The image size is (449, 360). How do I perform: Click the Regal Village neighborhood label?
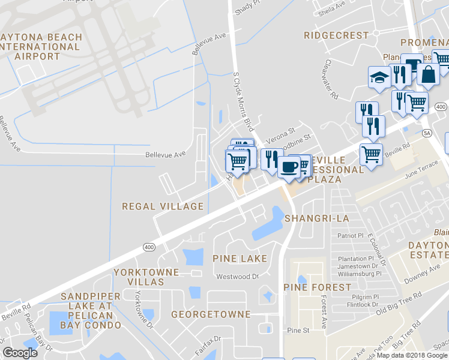click(163, 206)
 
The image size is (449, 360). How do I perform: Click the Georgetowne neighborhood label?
click(211, 314)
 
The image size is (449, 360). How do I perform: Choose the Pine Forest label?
click(317, 287)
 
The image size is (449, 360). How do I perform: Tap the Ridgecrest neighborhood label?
click(336, 35)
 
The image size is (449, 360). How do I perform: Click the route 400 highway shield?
click(149, 247)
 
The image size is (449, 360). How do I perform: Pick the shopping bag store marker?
click(429, 74)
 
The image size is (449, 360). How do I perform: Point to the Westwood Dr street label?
click(237, 277)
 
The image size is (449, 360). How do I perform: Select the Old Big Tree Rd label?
click(399, 304)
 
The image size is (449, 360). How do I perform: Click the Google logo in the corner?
click(20, 352)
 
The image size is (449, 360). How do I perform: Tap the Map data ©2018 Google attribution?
click(412, 355)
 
